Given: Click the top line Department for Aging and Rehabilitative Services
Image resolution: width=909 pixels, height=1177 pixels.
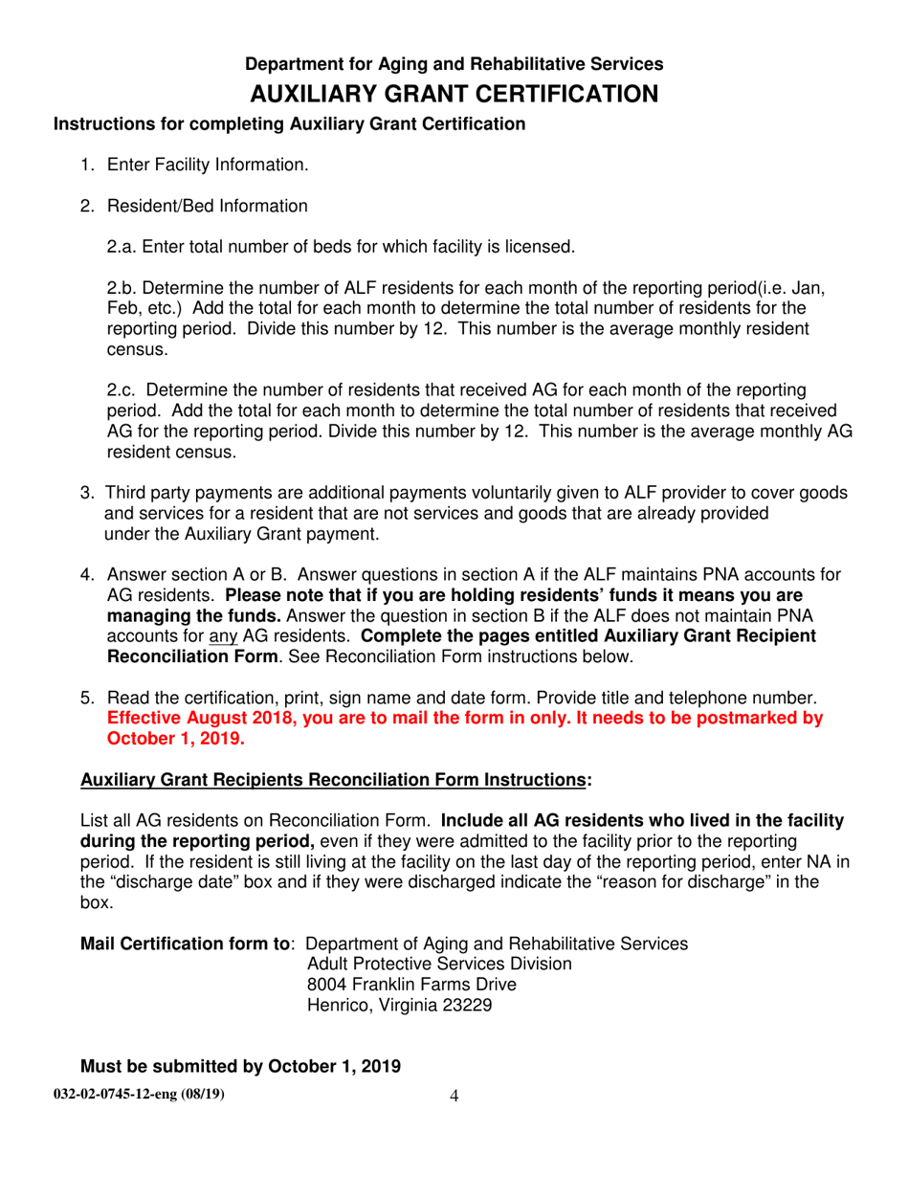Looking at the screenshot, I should (x=454, y=64).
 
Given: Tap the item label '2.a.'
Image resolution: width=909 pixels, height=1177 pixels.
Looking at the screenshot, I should (x=124, y=248).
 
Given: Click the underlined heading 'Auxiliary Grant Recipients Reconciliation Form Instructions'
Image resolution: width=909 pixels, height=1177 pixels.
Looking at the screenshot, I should (x=332, y=780).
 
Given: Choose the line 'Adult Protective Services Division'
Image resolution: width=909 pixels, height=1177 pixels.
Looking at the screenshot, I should (x=439, y=964).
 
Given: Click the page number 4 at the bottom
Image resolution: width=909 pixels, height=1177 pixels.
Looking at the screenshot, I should (x=454, y=1097).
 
